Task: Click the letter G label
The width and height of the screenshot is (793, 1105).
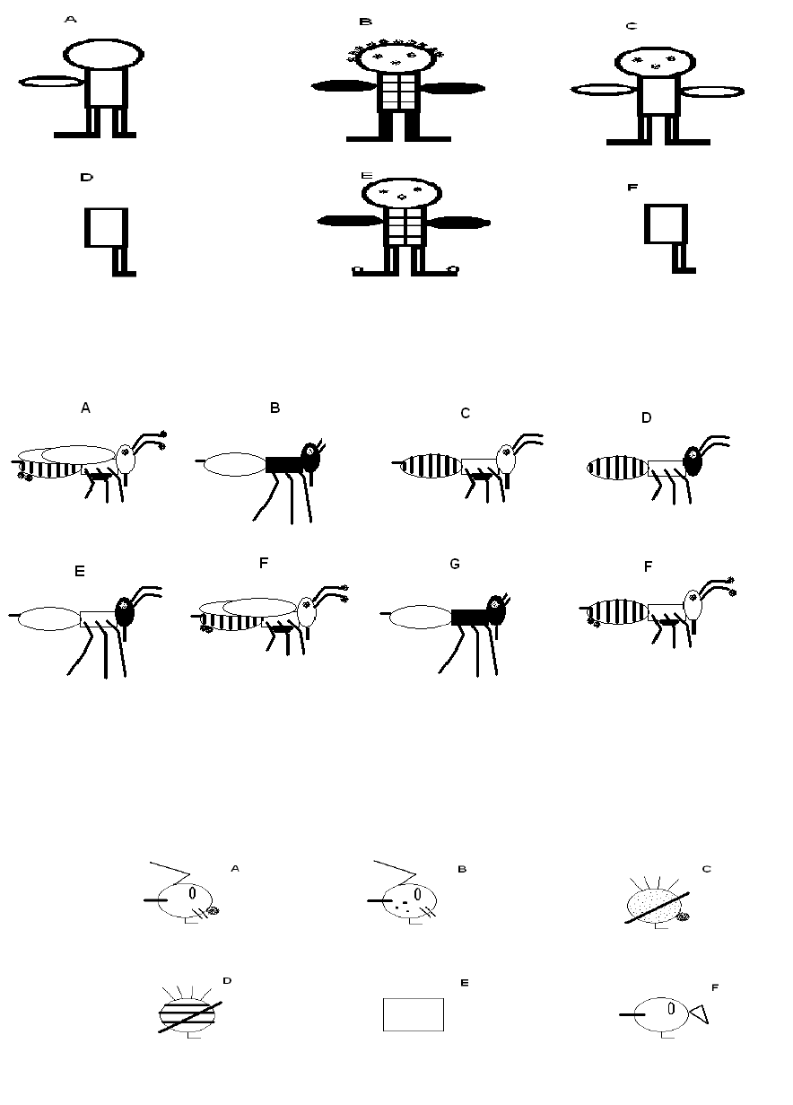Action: [455, 564]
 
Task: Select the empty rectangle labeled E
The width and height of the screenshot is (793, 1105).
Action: [413, 1014]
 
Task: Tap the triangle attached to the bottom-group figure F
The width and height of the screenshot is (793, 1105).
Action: [700, 1014]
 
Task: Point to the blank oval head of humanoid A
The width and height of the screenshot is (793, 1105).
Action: [103, 54]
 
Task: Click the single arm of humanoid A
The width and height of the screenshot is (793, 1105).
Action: [52, 82]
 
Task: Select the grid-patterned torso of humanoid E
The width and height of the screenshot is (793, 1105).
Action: [405, 226]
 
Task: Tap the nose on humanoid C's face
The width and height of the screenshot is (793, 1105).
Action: [655, 66]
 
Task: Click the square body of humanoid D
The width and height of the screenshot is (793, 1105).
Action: [106, 227]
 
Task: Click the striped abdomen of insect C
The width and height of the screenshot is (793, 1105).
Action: [431, 466]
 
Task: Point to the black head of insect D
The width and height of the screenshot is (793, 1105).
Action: [693, 460]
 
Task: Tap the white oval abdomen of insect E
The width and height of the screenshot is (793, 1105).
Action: [48, 618]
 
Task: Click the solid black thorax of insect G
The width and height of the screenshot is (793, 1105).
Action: [471, 618]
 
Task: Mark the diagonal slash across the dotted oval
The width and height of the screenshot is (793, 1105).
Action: [657, 908]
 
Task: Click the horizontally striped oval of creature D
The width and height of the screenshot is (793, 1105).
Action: [187, 1014]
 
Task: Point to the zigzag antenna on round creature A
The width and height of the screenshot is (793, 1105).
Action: [170, 873]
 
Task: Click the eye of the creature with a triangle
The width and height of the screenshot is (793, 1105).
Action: [671, 1009]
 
